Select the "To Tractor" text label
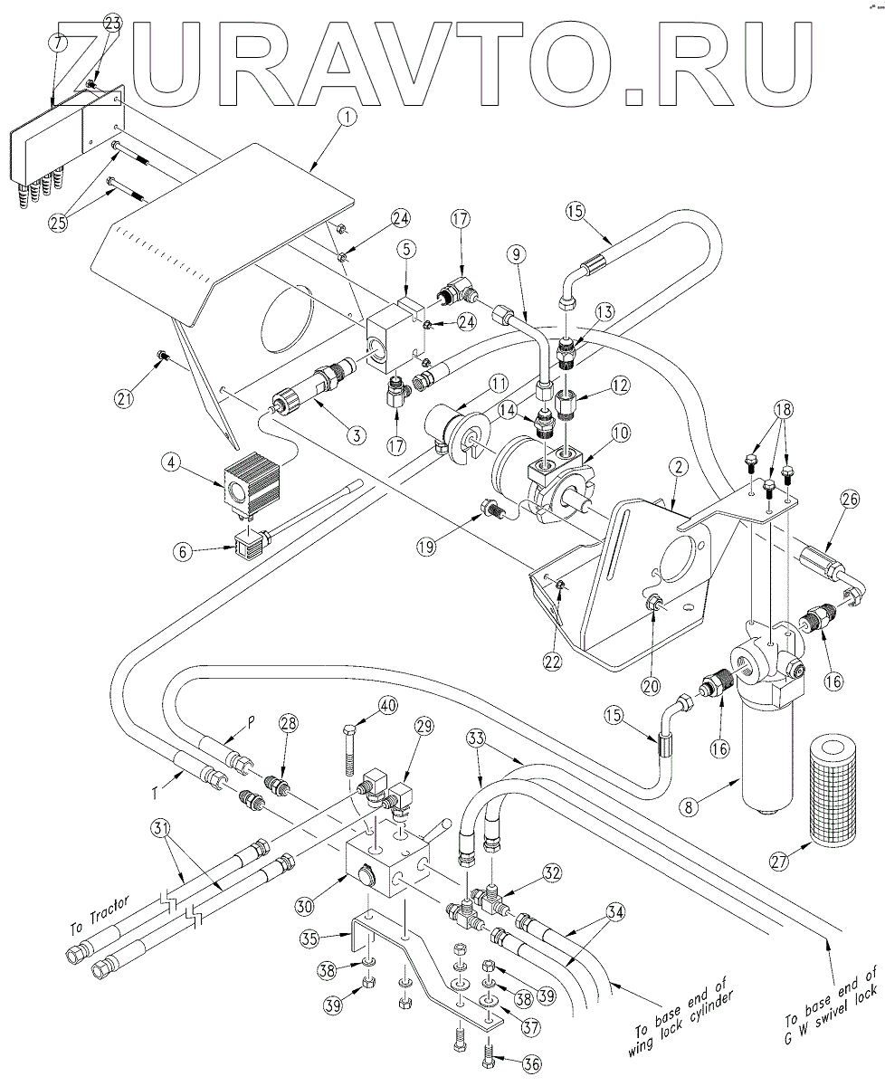[101, 917]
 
